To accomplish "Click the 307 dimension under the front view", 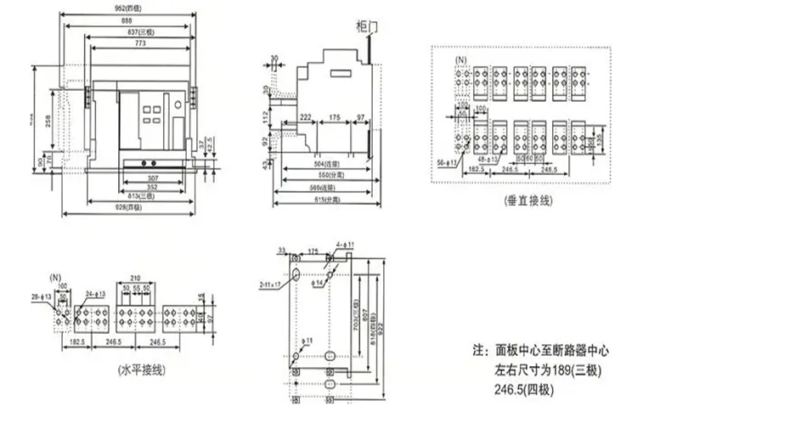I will (x=153, y=178).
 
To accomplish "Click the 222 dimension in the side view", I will (x=305, y=116).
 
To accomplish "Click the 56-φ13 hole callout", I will (x=447, y=159).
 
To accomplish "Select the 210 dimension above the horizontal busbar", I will (x=136, y=278).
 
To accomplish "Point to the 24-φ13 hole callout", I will (x=96, y=294).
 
